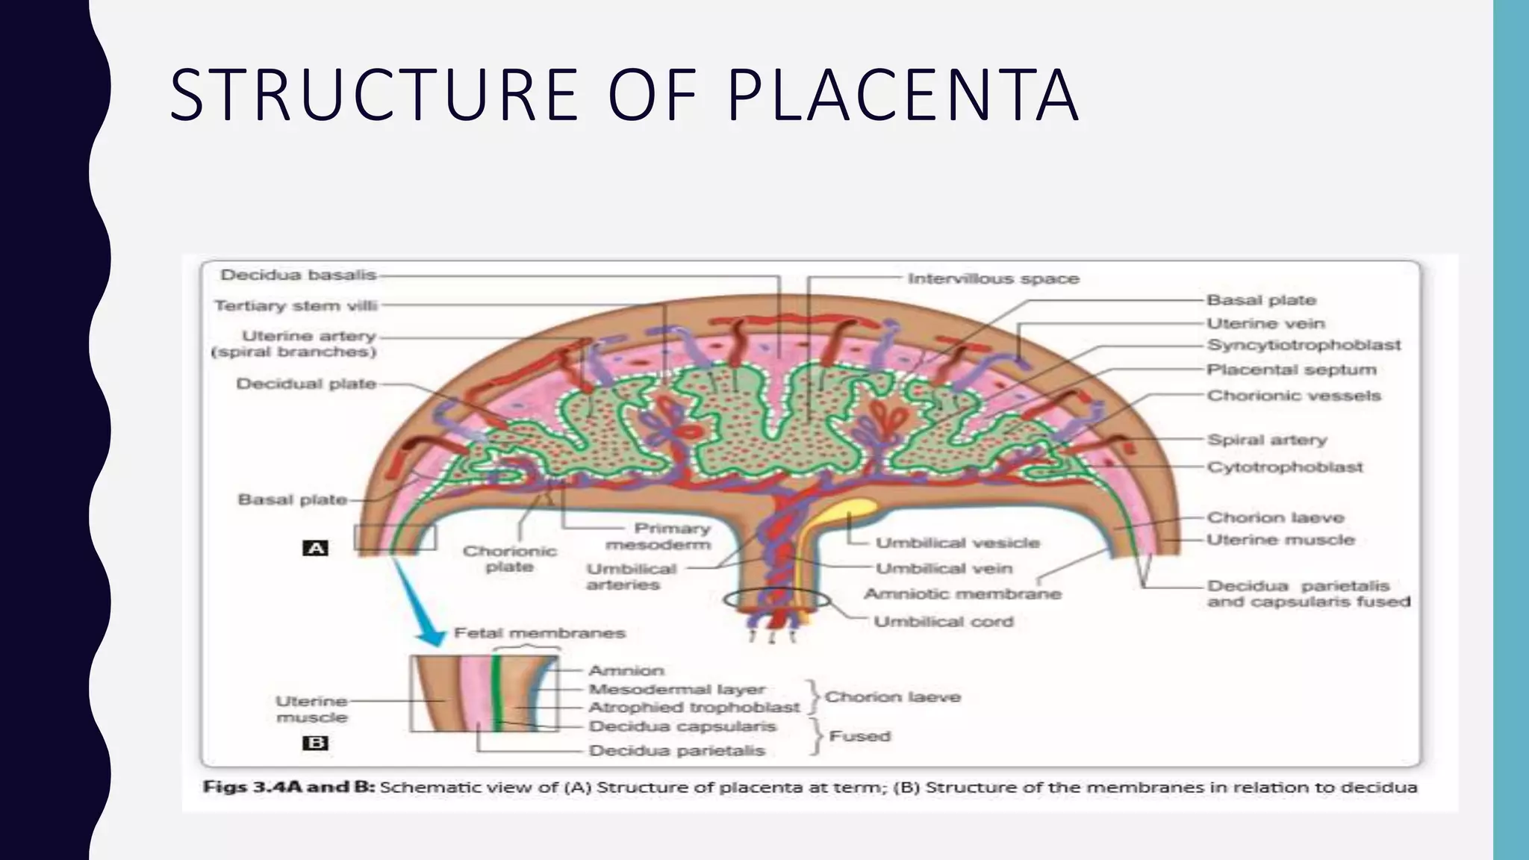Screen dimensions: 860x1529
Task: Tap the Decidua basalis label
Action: click(298, 275)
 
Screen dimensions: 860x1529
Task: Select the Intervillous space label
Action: click(993, 278)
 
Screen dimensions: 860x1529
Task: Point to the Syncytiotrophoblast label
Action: click(1304, 345)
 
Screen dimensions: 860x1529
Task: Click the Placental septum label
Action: click(1291, 370)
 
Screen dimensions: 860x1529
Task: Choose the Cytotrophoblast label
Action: click(1285, 467)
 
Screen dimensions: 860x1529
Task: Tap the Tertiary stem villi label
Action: click(296, 305)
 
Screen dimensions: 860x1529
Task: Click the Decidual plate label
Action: click(306, 384)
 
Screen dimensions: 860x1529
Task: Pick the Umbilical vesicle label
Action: click(957, 543)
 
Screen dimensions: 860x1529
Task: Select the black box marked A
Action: click(315, 549)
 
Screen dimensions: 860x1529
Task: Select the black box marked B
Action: click(315, 743)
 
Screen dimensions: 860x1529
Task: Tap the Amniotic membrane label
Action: click(962, 594)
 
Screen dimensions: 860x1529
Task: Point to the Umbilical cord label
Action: click(943, 621)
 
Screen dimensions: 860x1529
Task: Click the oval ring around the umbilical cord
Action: click(776, 599)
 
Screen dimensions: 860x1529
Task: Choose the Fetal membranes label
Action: click(539, 633)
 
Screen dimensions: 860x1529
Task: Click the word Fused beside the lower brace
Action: click(859, 736)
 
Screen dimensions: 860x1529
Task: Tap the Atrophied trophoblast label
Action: click(694, 707)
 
